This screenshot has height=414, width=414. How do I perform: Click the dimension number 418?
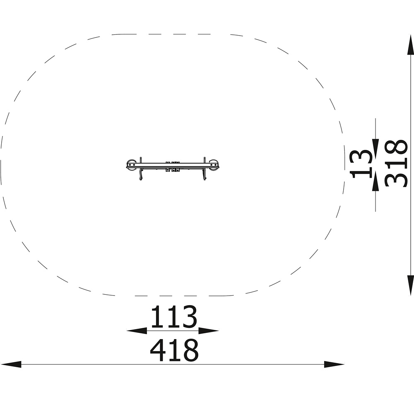174,350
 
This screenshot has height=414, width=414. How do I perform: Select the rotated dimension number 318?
396,164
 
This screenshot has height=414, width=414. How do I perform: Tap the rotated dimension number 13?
361,164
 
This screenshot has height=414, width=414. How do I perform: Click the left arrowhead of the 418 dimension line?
11,364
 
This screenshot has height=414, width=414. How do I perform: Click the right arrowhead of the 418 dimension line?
334,364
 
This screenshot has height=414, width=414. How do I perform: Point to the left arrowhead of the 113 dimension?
137,330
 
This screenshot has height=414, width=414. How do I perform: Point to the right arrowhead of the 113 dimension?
209,330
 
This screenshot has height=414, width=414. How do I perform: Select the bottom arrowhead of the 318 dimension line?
410,285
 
